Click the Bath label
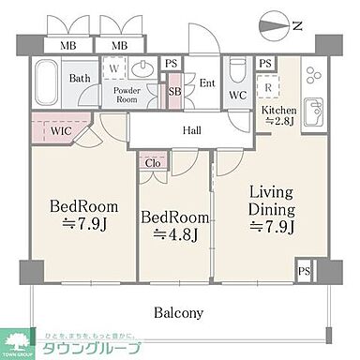point(80,79)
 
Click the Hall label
point(192,132)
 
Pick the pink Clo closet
point(153,162)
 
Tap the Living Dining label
point(271,202)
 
